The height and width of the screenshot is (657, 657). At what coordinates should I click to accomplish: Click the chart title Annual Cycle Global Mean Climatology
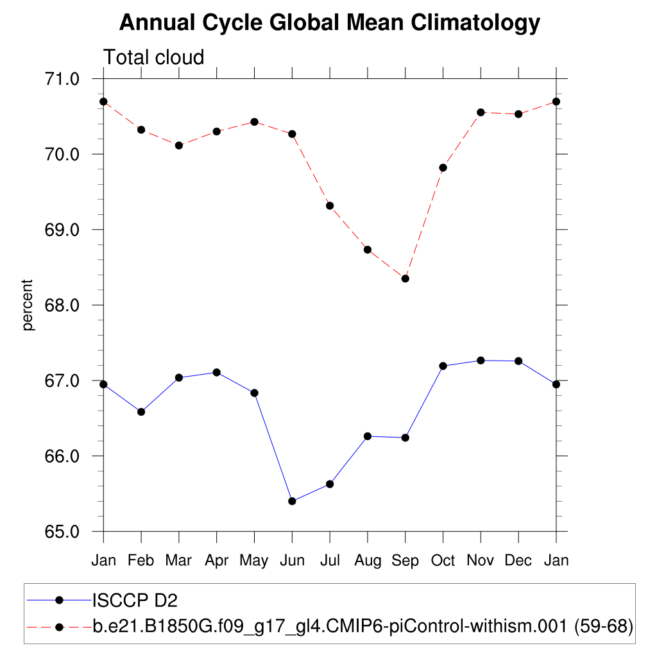click(x=330, y=23)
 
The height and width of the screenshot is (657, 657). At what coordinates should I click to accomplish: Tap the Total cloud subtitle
click(x=154, y=57)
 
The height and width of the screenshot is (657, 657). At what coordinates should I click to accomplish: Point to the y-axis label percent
click(x=28, y=305)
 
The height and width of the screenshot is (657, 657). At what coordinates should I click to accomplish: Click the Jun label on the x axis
click(x=293, y=561)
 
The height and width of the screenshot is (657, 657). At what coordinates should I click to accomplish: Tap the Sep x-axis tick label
click(x=405, y=561)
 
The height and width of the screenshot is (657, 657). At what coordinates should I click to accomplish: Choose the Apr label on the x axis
click(x=217, y=561)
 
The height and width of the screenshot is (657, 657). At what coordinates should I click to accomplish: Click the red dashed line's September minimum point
click(x=405, y=278)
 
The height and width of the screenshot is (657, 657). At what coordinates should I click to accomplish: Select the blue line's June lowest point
click(x=293, y=501)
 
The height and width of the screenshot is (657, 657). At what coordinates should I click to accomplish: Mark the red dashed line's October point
click(x=443, y=167)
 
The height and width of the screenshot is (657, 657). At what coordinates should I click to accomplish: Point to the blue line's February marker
click(x=141, y=412)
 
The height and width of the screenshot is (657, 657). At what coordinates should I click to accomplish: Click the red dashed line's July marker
click(x=330, y=206)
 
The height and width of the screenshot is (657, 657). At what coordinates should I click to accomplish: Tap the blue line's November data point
click(x=481, y=361)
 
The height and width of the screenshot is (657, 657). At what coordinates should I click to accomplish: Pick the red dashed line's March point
click(x=179, y=146)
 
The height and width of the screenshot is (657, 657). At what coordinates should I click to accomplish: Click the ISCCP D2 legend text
click(x=135, y=601)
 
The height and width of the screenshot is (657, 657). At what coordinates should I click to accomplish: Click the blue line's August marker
click(x=368, y=436)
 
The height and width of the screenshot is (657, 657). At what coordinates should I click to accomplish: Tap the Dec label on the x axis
click(x=518, y=561)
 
